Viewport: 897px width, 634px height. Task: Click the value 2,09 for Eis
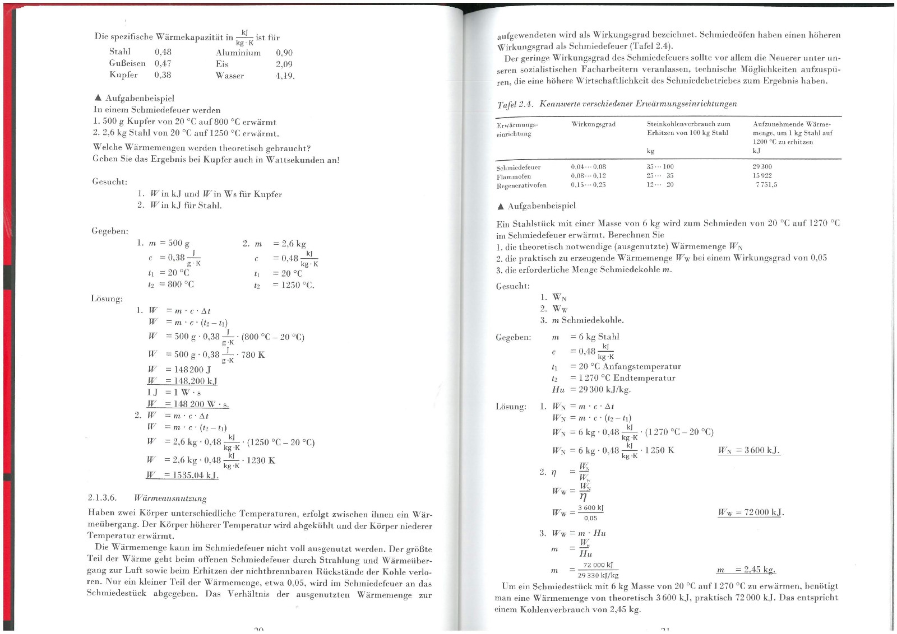pos(284,64)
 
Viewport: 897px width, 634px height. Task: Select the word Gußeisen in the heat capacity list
pos(127,64)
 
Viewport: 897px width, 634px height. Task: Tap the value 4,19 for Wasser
pos(285,76)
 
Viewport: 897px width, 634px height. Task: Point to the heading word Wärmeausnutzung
pos(170,498)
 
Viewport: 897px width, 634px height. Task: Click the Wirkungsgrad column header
pos(593,124)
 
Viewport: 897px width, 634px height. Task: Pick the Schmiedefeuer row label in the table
pos(519,167)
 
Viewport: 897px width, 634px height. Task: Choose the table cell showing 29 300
pos(762,167)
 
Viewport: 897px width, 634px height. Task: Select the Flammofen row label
pos(514,176)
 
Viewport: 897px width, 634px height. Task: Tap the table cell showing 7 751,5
pos(766,185)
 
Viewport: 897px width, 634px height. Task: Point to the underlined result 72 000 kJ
pos(751,512)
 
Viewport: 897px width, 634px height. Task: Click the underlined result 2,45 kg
pos(746,570)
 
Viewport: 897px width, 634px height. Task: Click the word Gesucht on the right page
pos(512,286)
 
